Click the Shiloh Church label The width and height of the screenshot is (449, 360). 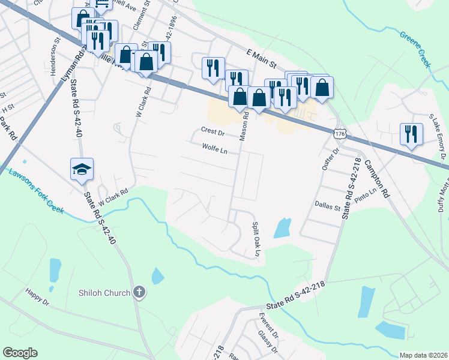click(x=104, y=293)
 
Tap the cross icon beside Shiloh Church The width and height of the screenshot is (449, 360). click(x=139, y=293)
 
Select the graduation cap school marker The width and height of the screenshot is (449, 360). click(x=82, y=170)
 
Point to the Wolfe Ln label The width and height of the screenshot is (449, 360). click(x=214, y=148)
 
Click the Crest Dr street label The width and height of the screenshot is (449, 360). click(x=212, y=131)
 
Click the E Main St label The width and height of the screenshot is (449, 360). click(x=257, y=58)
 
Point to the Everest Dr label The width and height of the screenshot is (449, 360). click(x=268, y=325)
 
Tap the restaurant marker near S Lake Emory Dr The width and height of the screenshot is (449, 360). click(x=411, y=134)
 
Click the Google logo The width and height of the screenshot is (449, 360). click(x=20, y=353)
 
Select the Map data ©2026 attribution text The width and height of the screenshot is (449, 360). click(x=423, y=355)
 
